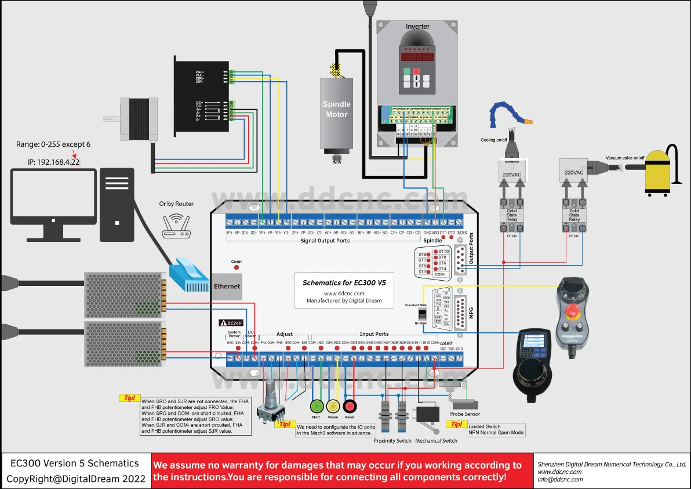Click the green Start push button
316,406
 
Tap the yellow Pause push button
333,406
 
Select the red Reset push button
350,406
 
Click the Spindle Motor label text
337,109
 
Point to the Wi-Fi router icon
176,226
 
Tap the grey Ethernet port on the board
227,286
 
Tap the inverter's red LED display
415,59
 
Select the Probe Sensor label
465,414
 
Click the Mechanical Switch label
436,441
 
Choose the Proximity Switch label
392,441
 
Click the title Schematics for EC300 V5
344,283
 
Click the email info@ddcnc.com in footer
560,479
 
